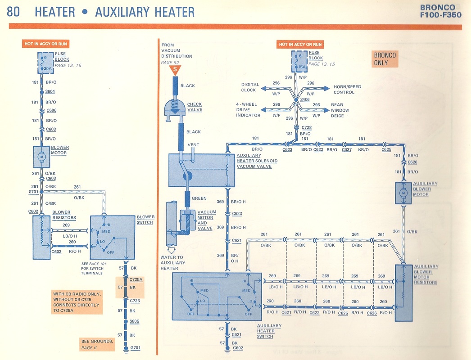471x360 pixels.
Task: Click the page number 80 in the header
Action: click(x=14, y=11)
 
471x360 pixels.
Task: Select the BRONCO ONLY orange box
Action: click(x=385, y=59)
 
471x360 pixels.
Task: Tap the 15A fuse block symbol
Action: click(x=300, y=62)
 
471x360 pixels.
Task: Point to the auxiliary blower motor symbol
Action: click(x=403, y=192)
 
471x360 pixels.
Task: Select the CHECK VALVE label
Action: click(x=195, y=107)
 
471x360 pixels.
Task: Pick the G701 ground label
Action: click(x=135, y=348)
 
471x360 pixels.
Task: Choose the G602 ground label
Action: click(x=238, y=347)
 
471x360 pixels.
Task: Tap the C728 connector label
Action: click(x=307, y=128)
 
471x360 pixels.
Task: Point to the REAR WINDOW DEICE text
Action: click(x=340, y=110)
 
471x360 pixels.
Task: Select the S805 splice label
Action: click(x=134, y=321)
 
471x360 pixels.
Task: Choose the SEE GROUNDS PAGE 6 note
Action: click(x=96, y=344)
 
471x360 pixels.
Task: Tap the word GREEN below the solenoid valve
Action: click(x=199, y=198)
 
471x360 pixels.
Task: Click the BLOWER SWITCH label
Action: click(x=145, y=220)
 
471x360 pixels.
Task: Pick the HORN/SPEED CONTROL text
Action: click(x=347, y=90)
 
